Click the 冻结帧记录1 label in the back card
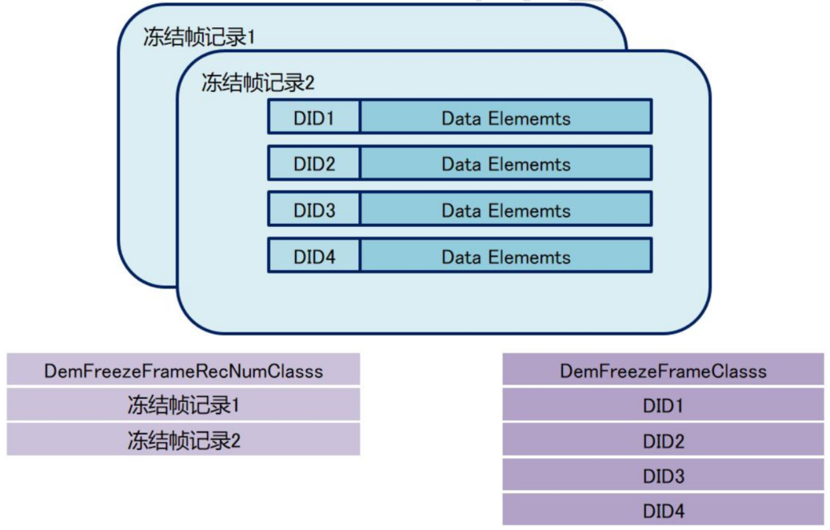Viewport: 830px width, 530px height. click(199, 38)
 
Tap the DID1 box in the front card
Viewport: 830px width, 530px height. click(313, 118)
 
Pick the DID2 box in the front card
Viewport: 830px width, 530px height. click(313, 164)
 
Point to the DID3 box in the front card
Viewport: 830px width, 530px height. click(313, 210)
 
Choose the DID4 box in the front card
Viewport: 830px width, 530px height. click(313, 257)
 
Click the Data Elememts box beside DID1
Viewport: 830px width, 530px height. click(505, 118)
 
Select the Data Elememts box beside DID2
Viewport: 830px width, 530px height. click(505, 164)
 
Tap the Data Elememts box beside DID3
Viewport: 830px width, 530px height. click(505, 210)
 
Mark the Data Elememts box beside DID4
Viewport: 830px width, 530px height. click(505, 257)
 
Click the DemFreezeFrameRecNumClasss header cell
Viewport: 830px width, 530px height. click(183, 370)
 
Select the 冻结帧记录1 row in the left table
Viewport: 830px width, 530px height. click(183, 405)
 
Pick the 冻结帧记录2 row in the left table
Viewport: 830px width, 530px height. click(183, 440)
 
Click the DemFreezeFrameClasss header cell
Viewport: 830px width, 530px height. click(663, 370)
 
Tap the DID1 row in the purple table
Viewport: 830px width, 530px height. click(663, 405)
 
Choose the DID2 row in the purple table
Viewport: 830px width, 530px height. click(663, 440)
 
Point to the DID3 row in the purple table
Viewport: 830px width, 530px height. click(663, 476)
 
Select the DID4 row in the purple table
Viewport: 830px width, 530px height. click(663, 510)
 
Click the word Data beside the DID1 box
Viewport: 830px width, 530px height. click(461, 118)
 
